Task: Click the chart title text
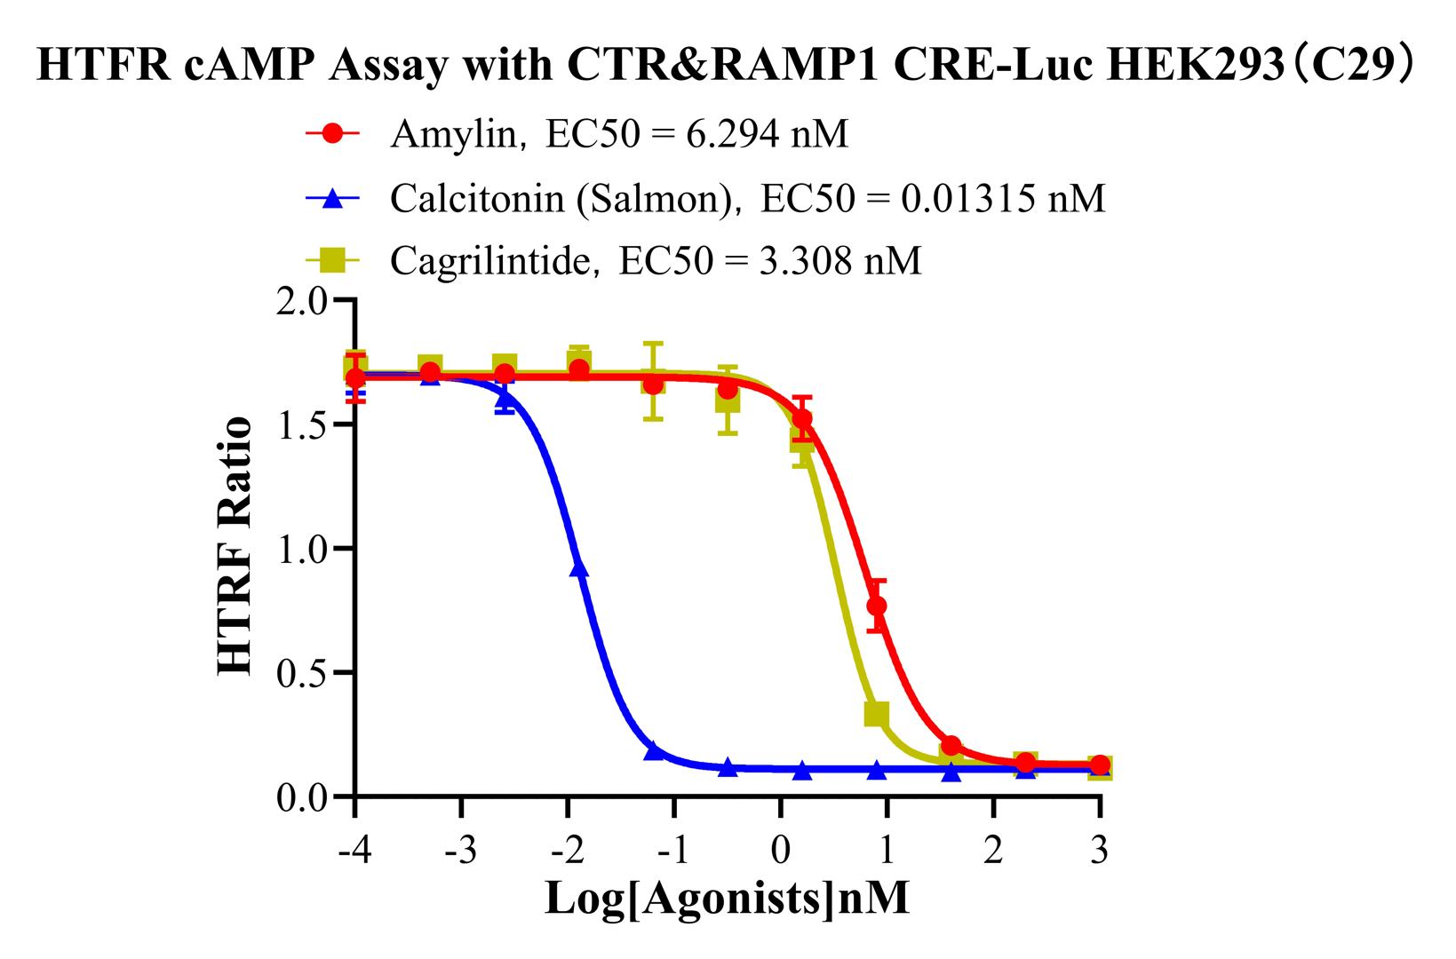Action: (x=726, y=67)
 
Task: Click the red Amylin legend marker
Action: (x=332, y=134)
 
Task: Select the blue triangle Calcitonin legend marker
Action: (x=332, y=198)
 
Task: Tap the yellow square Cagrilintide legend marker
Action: (x=332, y=261)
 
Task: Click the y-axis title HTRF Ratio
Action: (x=235, y=547)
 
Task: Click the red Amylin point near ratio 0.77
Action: (x=876, y=606)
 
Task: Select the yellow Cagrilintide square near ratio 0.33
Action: (x=876, y=713)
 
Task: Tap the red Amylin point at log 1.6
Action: (x=951, y=745)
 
